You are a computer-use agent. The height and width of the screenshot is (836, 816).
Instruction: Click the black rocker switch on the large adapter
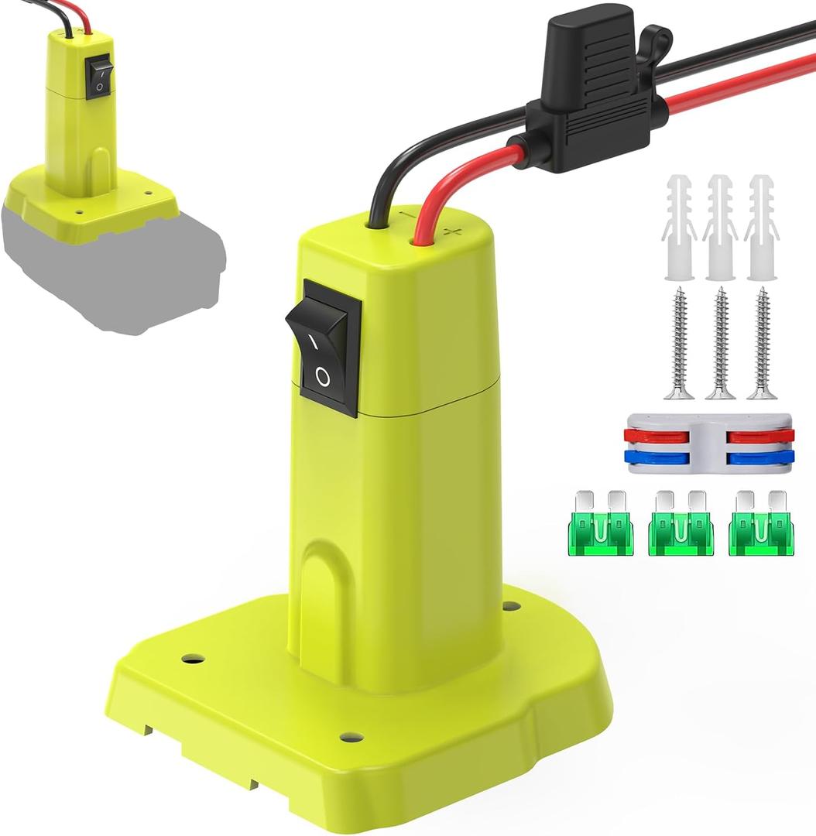pyautogui.click(x=324, y=348)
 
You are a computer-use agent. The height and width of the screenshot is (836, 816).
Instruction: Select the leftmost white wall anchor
pyautogui.click(x=679, y=228)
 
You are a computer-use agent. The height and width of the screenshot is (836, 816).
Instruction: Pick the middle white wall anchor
pyautogui.click(x=720, y=228)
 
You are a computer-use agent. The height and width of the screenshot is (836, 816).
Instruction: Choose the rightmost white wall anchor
pyautogui.click(x=762, y=228)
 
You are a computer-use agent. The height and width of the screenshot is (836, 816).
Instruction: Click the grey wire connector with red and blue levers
pyautogui.click(x=708, y=444)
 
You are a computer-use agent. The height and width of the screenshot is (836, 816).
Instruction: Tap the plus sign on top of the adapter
pyautogui.click(x=454, y=231)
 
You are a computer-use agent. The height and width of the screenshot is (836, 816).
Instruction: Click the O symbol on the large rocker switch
pyautogui.click(x=323, y=378)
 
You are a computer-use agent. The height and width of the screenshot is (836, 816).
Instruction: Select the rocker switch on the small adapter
pyautogui.click(x=99, y=78)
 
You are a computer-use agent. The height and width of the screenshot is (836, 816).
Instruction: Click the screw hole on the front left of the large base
pyautogui.click(x=193, y=659)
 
